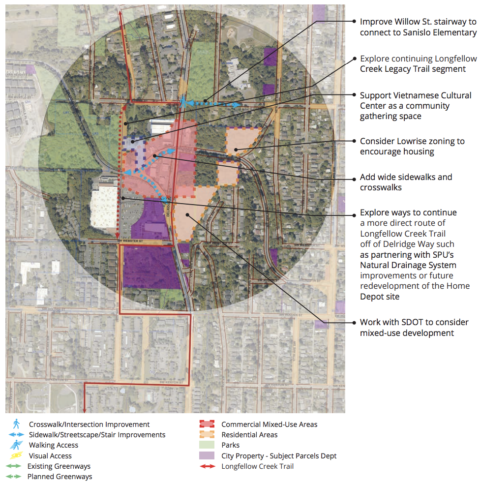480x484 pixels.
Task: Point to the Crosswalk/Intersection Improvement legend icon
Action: (16, 423)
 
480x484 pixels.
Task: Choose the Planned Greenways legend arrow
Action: (14, 477)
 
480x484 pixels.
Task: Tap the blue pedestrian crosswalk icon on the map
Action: (183, 102)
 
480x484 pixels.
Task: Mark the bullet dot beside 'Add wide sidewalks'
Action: (354, 177)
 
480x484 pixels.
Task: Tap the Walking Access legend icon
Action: (16, 445)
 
